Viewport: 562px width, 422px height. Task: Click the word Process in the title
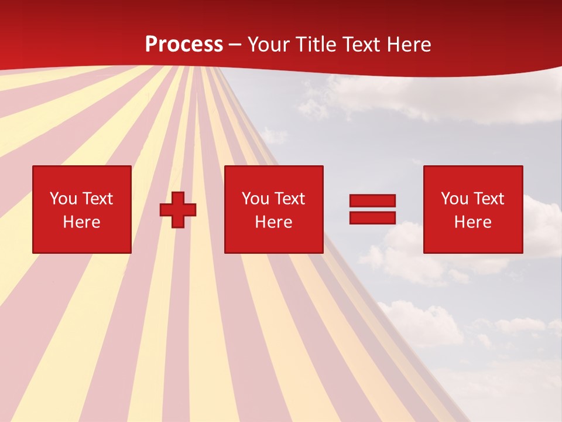pyautogui.click(x=184, y=45)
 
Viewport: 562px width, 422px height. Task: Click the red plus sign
pyautogui.click(x=178, y=209)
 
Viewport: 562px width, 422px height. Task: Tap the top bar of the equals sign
pyautogui.click(x=372, y=201)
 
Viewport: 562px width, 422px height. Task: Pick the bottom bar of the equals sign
pyautogui.click(x=372, y=217)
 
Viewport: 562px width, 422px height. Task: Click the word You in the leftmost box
pyautogui.click(x=63, y=199)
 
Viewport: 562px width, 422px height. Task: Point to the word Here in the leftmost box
pyautogui.click(x=81, y=222)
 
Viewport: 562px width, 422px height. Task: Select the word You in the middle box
pyautogui.click(x=255, y=199)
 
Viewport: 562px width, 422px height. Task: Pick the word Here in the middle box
pyautogui.click(x=273, y=222)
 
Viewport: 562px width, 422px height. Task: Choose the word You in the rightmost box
pyautogui.click(x=454, y=199)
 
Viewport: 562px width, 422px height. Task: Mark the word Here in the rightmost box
pyautogui.click(x=472, y=222)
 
